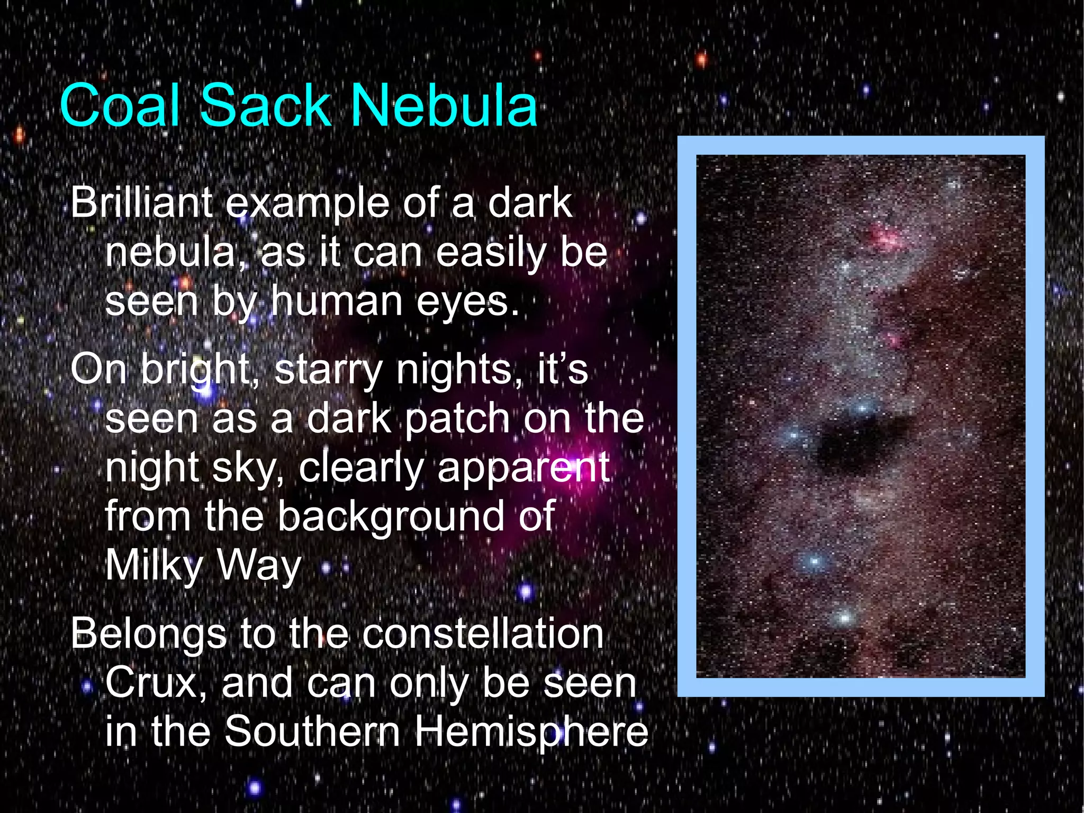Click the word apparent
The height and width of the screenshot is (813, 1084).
523,468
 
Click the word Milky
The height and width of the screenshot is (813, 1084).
154,566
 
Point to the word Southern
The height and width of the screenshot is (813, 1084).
312,731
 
